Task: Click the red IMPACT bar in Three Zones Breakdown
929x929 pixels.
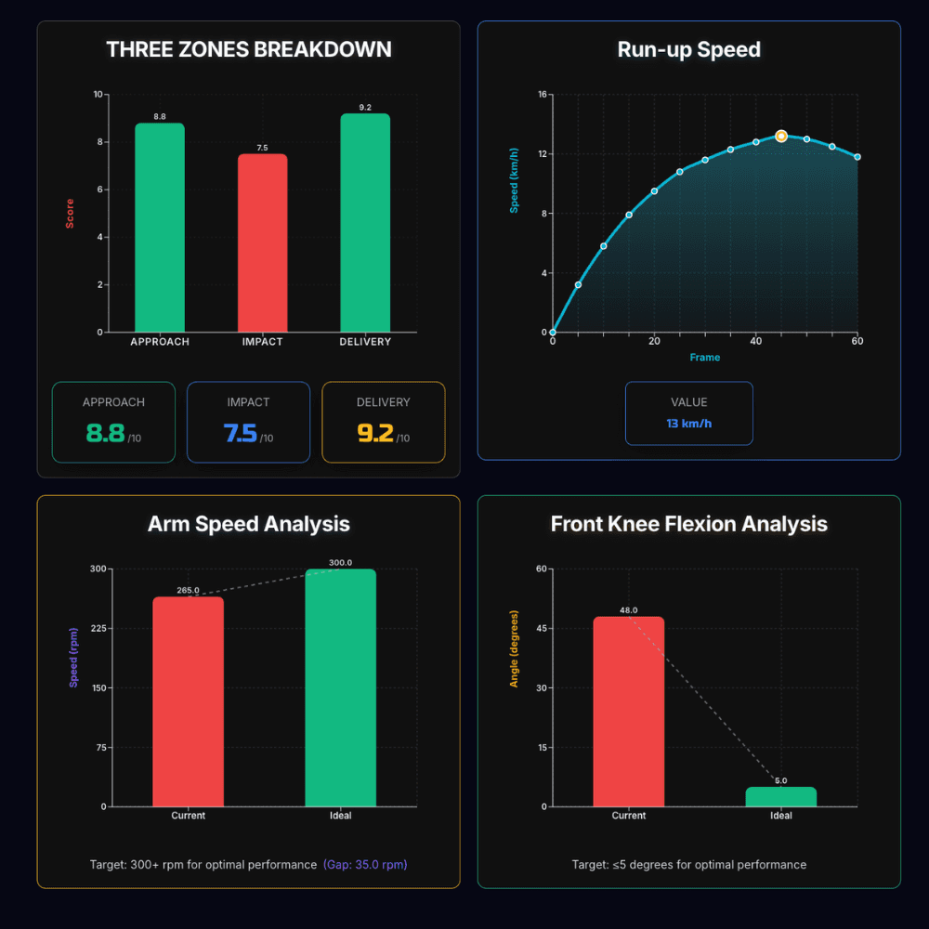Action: (262, 242)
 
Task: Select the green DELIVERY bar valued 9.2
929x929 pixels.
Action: (365, 223)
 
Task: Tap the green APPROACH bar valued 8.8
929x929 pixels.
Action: (160, 228)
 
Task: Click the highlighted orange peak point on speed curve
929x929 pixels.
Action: (781, 136)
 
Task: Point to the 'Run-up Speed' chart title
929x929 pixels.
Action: (688, 50)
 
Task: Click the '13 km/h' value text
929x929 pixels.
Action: (688, 424)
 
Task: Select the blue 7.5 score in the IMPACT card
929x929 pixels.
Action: (241, 433)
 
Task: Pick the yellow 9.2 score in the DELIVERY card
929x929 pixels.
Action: (375, 433)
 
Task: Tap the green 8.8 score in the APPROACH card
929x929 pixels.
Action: (105, 433)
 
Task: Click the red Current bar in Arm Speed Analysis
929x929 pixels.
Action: (189, 701)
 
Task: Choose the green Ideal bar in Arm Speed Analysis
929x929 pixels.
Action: (341, 687)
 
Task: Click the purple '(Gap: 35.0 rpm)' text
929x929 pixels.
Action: (365, 865)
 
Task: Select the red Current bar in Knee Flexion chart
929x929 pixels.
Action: (629, 712)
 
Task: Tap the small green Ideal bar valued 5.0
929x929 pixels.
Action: (781, 797)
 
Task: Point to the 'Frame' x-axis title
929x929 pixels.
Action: (704, 358)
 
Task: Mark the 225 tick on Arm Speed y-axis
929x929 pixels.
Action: (96, 628)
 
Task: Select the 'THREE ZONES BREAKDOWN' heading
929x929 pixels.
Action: (248, 50)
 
